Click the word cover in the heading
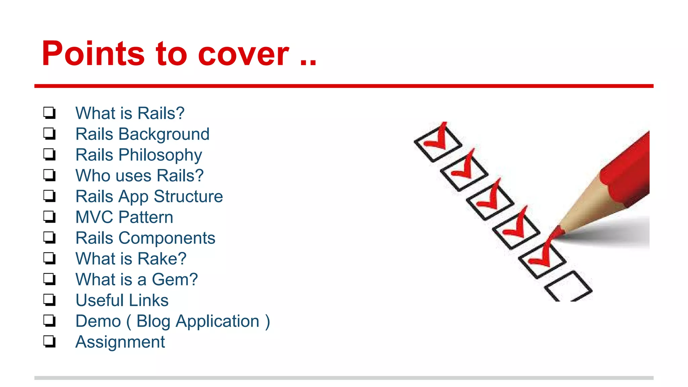(243, 54)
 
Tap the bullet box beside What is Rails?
(49, 113)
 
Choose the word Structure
(188, 197)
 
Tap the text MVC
(94, 217)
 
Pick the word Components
(167, 238)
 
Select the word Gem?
(175, 280)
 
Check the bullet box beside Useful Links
(49, 300)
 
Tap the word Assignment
(120, 342)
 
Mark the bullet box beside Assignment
(49, 341)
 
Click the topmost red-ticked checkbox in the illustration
(437, 143)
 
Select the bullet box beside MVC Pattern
(49, 217)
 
